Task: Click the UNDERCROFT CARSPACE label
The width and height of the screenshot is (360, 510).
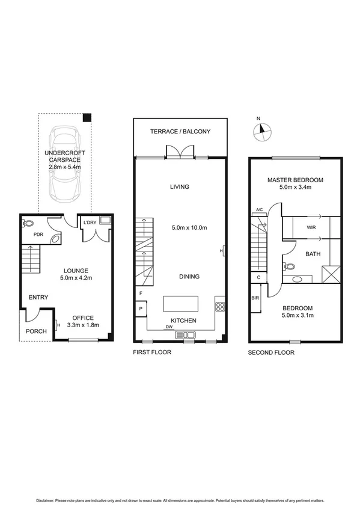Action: pyautogui.click(x=65, y=158)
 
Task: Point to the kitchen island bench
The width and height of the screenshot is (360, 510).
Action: pyautogui.click(x=180, y=303)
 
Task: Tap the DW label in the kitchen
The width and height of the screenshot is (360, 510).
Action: pyautogui.click(x=169, y=328)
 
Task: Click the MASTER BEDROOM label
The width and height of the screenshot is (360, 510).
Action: pyautogui.click(x=295, y=180)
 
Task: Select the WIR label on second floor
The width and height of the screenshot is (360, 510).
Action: pyautogui.click(x=311, y=228)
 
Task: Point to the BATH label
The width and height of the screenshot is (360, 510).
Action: pyautogui.click(x=313, y=254)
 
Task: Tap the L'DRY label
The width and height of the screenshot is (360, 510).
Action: pyautogui.click(x=90, y=223)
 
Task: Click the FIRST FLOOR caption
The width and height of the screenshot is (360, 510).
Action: pyautogui.click(x=152, y=352)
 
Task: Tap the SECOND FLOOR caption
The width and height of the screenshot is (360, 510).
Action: pyautogui.click(x=271, y=352)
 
